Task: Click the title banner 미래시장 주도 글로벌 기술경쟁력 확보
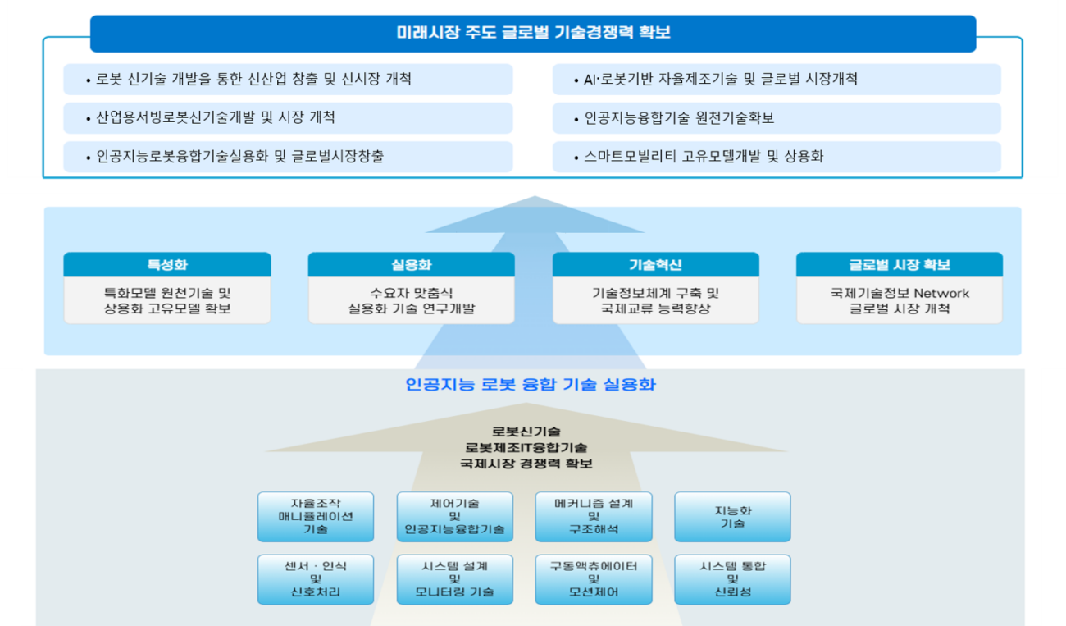533,34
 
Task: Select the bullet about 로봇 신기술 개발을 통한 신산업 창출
288,79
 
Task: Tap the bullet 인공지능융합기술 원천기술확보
777,118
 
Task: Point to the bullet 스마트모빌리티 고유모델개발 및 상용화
777,157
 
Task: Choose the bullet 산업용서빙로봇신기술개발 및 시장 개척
288,118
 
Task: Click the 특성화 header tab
167,265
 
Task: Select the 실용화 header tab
411,265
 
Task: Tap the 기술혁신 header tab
655,265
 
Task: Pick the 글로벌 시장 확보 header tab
900,265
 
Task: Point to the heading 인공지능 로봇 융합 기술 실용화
531,385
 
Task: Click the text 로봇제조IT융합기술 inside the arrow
526,447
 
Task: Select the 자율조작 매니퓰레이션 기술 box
316,517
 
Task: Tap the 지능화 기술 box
732,517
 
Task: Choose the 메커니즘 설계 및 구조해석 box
594,517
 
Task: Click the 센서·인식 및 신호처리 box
316,579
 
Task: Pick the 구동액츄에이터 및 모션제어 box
594,579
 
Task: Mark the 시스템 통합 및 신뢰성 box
732,579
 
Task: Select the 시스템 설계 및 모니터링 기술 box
455,579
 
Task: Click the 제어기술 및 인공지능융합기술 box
455,517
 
